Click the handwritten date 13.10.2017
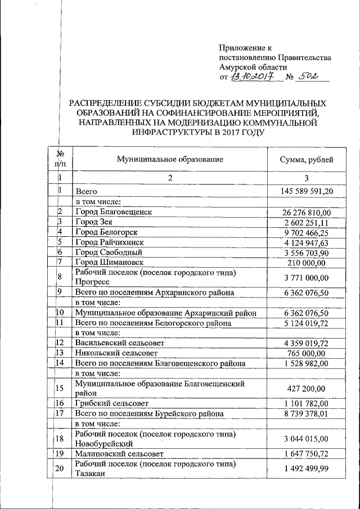tap(255, 76)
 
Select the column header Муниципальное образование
tap(170, 159)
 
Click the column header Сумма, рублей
tap(307, 160)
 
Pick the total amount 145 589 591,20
tap(307, 192)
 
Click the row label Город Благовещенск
tap(114, 212)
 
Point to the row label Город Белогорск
tap(106, 232)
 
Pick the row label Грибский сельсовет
tap(110, 403)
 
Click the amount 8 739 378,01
tap(308, 413)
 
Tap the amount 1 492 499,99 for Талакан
tap(308, 468)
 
